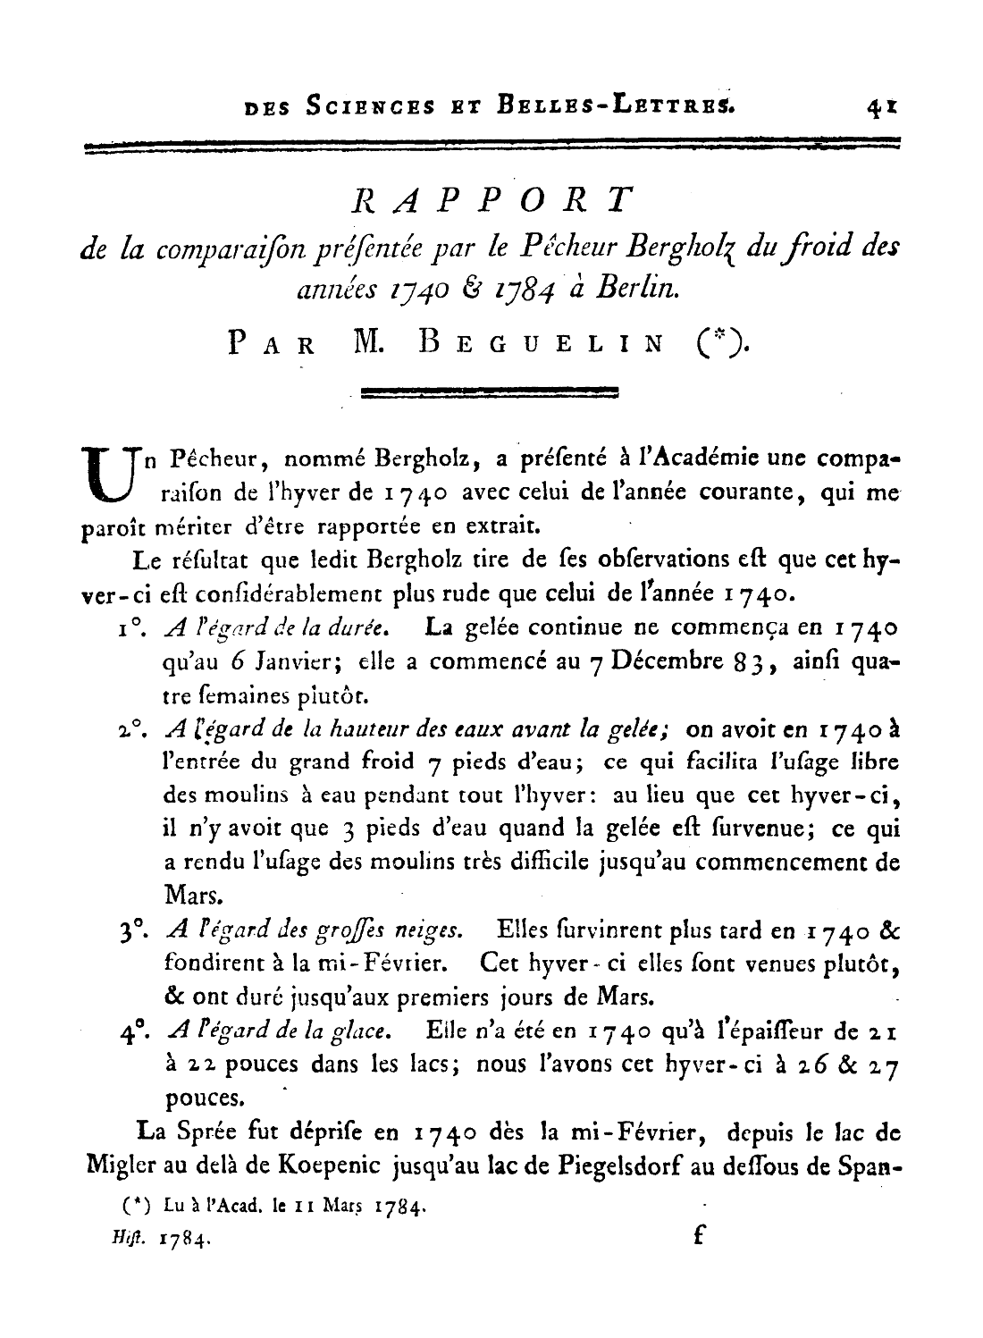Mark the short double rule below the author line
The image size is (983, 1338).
point(489,391)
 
